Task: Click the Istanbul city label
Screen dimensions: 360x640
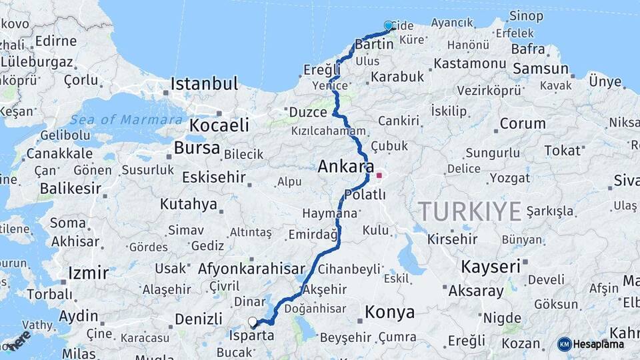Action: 204,84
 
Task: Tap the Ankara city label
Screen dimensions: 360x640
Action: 346,166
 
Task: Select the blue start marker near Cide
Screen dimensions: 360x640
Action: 389,26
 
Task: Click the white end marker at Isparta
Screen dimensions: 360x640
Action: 253,322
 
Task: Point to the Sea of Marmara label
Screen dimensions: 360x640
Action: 126,120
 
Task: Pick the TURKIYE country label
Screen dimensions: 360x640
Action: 469,211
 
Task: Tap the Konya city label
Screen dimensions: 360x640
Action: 389,312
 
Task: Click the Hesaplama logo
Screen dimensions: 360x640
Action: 591,344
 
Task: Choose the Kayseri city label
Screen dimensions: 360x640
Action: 490,267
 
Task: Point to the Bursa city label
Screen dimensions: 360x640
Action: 197,148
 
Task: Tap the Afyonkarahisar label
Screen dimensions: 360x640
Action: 247,269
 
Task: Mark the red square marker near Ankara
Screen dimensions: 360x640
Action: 379,176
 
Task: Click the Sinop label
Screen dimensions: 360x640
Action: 526,15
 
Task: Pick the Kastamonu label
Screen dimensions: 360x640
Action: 469,63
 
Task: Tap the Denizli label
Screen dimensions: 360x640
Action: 199,317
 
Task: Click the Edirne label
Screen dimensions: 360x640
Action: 56,41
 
